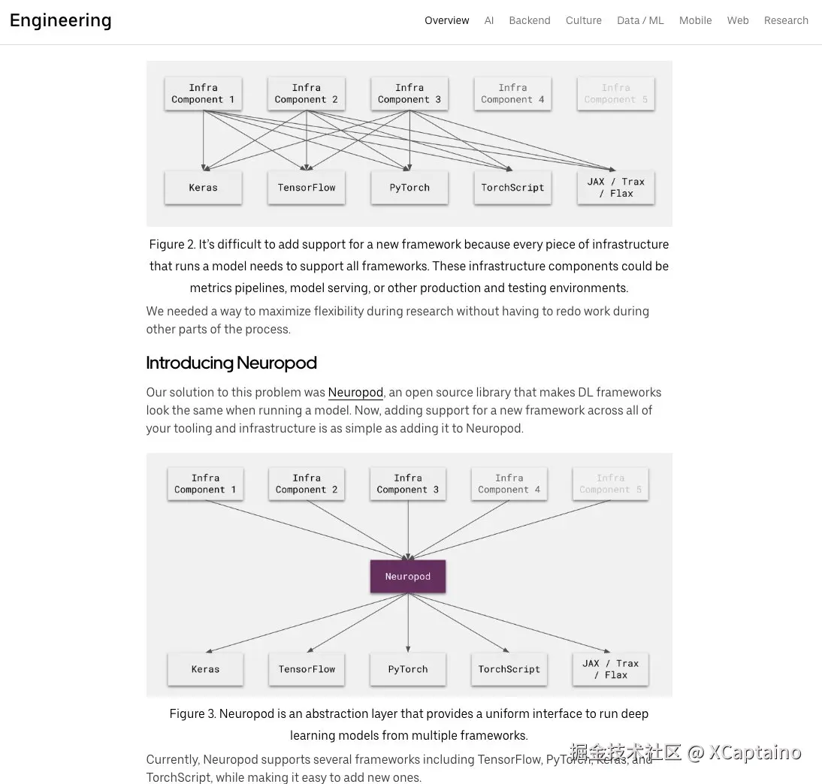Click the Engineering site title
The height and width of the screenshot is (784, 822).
point(60,20)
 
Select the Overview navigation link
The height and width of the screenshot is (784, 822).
point(446,20)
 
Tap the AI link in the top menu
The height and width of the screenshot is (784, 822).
point(489,20)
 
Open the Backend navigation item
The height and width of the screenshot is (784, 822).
point(530,20)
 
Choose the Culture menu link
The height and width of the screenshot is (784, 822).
point(584,20)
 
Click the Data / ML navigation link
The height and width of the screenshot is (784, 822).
point(640,20)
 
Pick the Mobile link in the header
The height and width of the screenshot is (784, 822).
point(695,20)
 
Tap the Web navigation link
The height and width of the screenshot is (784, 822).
point(738,20)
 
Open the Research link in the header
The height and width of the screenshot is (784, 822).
point(786,20)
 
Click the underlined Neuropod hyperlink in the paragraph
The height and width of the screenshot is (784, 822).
point(355,392)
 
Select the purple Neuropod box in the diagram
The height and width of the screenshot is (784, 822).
point(408,577)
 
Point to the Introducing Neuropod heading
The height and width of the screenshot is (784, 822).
point(231,363)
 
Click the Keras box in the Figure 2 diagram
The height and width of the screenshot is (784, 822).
point(203,188)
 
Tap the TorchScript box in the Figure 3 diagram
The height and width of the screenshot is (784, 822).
point(509,669)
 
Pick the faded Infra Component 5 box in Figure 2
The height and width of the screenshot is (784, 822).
point(615,94)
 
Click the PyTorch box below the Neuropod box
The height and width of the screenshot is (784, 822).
point(408,669)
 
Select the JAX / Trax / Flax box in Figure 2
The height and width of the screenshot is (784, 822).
point(615,188)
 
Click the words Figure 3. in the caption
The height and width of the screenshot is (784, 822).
point(192,713)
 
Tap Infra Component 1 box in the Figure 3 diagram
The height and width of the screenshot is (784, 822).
point(205,484)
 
